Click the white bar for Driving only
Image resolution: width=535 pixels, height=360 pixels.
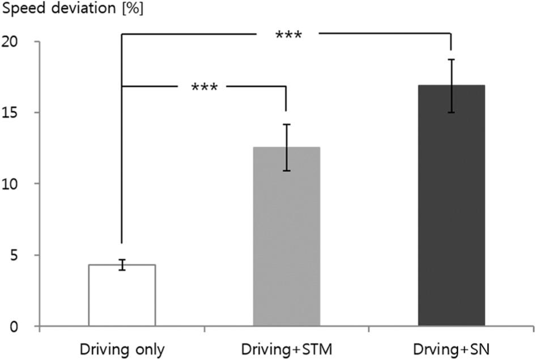pos(122,295)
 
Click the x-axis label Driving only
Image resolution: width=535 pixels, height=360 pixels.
pos(122,346)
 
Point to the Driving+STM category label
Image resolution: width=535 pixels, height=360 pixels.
pos(286,346)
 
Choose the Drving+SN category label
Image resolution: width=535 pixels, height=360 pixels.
pos(451,346)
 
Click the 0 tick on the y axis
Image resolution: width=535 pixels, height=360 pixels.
pos(27,327)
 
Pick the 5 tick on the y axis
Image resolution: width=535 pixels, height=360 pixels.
pos(27,255)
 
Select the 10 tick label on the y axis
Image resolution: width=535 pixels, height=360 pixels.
pos(23,184)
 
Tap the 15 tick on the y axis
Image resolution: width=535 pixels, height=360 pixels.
pos(23,113)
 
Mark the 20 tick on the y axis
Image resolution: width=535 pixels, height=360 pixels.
pos(23,42)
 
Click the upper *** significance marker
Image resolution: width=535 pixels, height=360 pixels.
pos(288,36)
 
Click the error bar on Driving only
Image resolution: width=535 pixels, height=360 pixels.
pos(122,265)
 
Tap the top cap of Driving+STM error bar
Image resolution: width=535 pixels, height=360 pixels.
pos(286,125)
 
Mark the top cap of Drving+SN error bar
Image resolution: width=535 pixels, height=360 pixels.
pos(451,60)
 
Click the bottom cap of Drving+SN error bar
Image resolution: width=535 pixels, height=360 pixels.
pos(451,112)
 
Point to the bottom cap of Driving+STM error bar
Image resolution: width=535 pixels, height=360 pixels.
pos(286,171)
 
